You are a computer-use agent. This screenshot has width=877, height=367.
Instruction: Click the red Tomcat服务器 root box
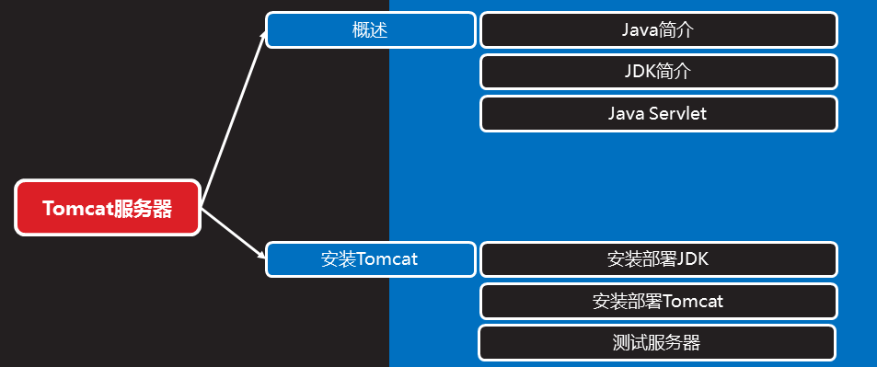click(x=108, y=208)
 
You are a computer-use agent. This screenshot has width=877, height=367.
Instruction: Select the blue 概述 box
click(x=371, y=29)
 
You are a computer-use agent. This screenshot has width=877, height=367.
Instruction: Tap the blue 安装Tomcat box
click(x=371, y=259)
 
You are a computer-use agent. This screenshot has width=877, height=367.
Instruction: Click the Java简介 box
click(x=658, y=29)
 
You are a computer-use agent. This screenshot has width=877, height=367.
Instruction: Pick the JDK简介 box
click(x=658, y=72)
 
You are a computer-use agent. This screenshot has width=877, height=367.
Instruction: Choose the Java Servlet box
click(x=658, y=114)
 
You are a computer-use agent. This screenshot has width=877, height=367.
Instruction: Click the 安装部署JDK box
click(x=658, y=259)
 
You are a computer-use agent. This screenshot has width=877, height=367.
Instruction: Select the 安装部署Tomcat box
click(x=658, y=301)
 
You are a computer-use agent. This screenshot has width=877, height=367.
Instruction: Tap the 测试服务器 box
click(x=656, y=343)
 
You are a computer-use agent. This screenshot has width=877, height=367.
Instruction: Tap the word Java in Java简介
click(x=640, y=29)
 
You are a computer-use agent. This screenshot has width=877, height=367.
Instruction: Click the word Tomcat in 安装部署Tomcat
click(x=693, y=301)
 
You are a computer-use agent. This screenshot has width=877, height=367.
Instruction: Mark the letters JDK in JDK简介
click(x=640, y=72)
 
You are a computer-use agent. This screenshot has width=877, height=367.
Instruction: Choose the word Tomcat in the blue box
click(x=387, y=259)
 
